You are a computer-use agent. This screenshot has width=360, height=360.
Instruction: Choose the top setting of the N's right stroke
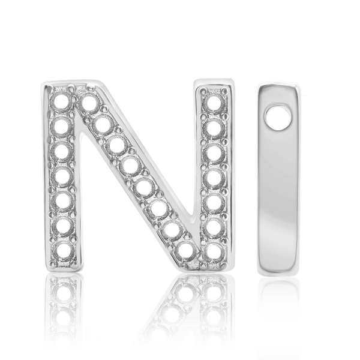[211, 101]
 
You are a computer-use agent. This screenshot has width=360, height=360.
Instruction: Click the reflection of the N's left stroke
[61, 312]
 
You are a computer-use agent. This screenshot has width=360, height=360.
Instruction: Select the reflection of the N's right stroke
[211, 312]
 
